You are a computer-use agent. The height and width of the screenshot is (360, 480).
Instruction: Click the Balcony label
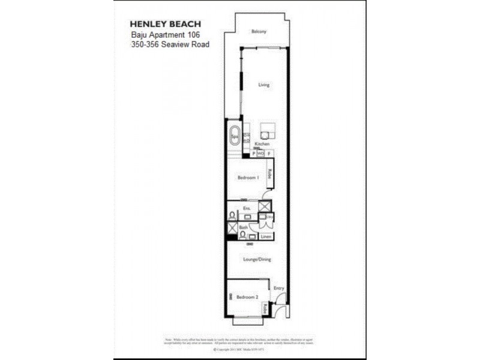pos(259,31)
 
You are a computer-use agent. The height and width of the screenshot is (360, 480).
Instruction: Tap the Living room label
pos(264,85)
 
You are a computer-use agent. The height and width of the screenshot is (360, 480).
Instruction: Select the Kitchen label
pos(262,145)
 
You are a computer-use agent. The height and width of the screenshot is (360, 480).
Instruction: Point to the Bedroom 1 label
pos(248,178)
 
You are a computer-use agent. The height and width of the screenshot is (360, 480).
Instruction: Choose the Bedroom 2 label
pos(247,298)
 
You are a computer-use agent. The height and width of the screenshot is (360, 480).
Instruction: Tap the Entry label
pos(278,289)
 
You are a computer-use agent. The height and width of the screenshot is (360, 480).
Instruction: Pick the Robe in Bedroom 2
pos(265,310)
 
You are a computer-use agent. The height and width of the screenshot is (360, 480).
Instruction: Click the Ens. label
pos(246,209)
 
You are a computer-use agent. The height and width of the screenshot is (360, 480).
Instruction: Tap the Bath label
pos(243,227)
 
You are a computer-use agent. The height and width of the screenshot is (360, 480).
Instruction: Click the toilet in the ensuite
pos(232,214)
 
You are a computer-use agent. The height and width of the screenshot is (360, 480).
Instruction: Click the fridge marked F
pos(269,154)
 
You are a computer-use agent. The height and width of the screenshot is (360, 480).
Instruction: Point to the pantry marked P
pos(254,154)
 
